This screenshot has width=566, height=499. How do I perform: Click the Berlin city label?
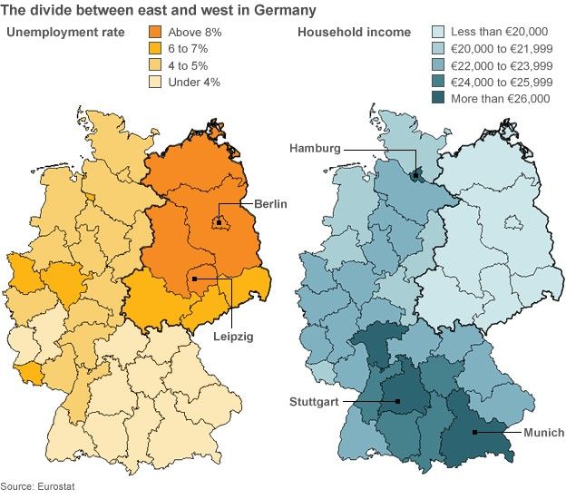click(x=270, y=204)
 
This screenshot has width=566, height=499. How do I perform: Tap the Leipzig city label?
click(x=233, y=336)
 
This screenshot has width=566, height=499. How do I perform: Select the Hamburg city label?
click(x=315, y=148)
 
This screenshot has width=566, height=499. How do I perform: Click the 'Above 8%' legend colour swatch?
click(x=154, y=34)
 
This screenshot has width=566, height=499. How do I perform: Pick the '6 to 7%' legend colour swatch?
click(x=154, y=50)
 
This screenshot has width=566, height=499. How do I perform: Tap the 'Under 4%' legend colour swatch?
click(x=154, y=83)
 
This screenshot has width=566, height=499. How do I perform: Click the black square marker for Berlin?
click(x=219, y=222)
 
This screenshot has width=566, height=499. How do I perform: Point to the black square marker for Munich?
click(x=474, y=433)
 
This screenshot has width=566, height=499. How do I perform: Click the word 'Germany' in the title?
click(x=284, y=11)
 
